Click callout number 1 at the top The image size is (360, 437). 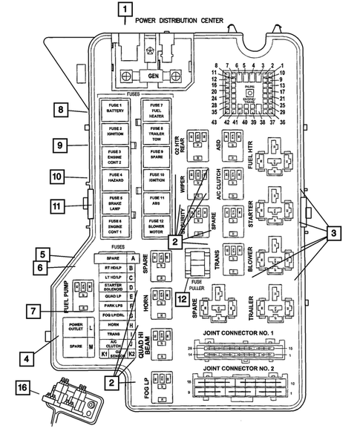(126, 10)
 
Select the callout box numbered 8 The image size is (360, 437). (59, 111)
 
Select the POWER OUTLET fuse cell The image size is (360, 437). (76, 327)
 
